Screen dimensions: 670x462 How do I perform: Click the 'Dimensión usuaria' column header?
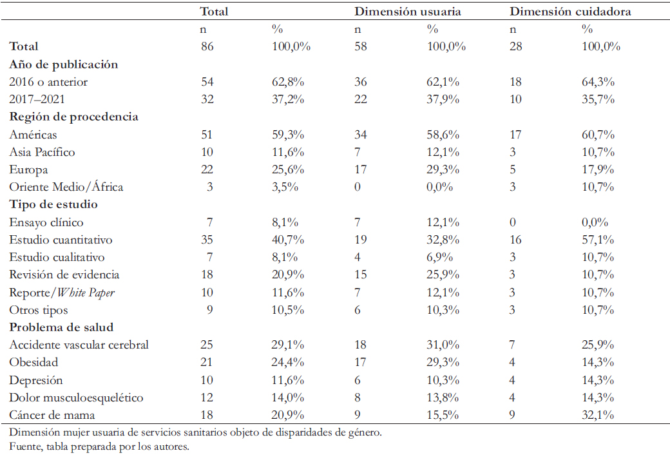coord(408,12)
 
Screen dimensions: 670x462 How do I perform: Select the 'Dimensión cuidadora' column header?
coord(570,12)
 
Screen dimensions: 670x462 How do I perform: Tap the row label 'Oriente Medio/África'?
coord(66,187)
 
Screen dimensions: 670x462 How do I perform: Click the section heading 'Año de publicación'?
coord(64,64)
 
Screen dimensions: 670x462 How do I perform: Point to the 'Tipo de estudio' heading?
coord(53,204)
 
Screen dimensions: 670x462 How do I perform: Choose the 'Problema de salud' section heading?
coord(62,327)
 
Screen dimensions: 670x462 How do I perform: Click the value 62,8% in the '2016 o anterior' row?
coord(288,82)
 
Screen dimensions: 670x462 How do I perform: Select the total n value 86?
coord(207,46)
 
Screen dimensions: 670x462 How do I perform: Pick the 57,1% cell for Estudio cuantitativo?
coord(598,240)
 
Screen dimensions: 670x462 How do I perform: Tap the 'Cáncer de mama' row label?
coord(52,415)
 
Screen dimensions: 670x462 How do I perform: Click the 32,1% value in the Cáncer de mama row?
coord(598,415)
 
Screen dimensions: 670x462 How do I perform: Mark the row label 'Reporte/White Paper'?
coord(62,293)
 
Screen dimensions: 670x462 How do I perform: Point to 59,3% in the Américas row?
coord(288,135)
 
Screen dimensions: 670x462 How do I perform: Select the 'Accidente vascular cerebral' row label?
coord(79,345)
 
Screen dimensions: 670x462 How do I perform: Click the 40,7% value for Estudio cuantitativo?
coord(288,240)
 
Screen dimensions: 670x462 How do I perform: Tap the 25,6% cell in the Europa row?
coord(288,169)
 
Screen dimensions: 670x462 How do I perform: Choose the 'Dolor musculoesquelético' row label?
coord(77,398)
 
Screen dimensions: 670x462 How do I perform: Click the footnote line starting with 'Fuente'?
coord(99,447)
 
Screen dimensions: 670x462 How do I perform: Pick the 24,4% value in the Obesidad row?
coord(288,362)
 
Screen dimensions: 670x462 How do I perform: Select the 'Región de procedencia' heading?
coord(74,117)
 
